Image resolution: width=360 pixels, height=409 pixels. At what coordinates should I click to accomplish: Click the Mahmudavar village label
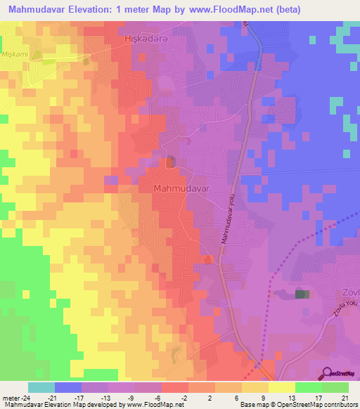coord(181,189)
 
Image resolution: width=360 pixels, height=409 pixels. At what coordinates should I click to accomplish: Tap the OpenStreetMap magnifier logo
coord(328,373)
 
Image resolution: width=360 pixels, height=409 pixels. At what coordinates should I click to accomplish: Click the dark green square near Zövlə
coord(302,294)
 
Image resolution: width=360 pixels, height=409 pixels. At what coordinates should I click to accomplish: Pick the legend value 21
coord(344,397)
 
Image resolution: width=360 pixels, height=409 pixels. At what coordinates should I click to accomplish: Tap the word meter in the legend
coord(9,397)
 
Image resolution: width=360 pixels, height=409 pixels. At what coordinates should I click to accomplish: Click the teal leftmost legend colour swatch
coord(41,387)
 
